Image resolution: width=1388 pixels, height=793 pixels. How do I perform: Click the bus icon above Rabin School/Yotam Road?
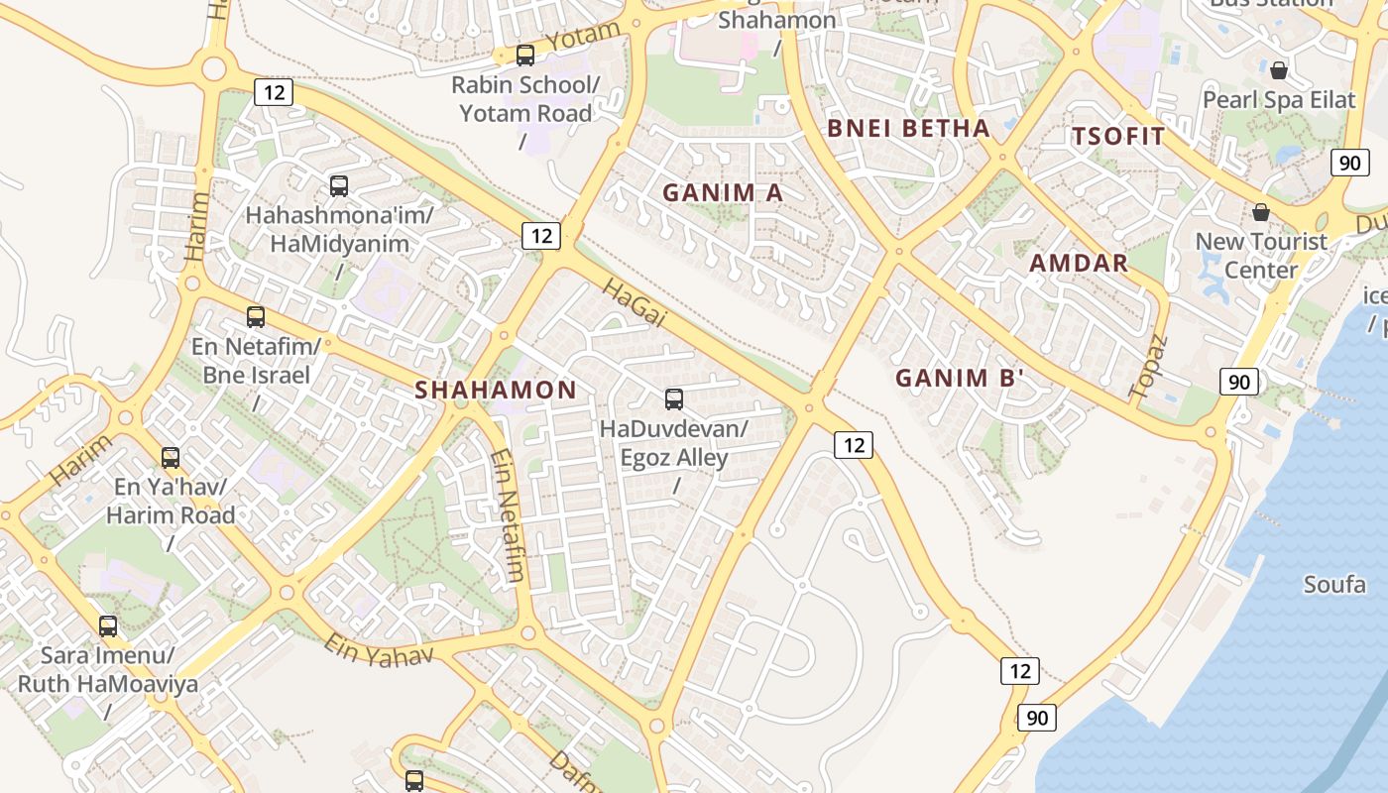click(x=525, y=56)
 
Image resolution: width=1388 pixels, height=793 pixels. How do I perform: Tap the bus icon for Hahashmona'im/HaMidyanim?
click(x=339, y=185)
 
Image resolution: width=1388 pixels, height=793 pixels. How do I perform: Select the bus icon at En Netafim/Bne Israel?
click(x=256, y=317)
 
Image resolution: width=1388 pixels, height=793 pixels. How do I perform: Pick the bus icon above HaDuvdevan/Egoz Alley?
click(x=674, y=399)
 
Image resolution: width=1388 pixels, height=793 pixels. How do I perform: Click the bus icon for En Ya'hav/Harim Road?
click(x=171, y=458)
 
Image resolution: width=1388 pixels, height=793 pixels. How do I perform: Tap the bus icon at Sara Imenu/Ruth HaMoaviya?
click(x=108, y=626)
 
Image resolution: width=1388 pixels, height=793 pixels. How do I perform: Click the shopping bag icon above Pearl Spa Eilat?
click(x=1279, y=70)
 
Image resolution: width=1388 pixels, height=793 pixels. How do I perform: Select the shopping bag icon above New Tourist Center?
click(x=1261, y=212)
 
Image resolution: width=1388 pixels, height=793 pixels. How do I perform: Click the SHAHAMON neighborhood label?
click(x=496, y=391)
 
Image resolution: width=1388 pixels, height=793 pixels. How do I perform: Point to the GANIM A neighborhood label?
click(x=723, y=193)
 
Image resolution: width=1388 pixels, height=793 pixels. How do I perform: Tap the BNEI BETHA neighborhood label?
click(x=908, y=128)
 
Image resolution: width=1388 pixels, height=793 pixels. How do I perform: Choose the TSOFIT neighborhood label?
click(x=1118, y=137)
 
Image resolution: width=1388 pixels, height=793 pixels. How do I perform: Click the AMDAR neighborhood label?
click(x=1079, y=263)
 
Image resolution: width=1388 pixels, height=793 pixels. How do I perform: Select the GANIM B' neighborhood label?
click(x=959, y=378)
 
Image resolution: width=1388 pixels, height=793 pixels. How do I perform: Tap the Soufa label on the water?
click(x=1334, y=584)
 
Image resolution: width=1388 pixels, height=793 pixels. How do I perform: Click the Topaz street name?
click(x=1148, y=367)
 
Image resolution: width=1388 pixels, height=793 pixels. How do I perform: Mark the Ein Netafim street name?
click(x=507, y=515)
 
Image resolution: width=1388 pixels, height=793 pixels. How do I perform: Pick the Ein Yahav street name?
click(x=379, y=650)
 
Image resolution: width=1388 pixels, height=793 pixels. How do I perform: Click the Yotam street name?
click(x=583, y=36)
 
